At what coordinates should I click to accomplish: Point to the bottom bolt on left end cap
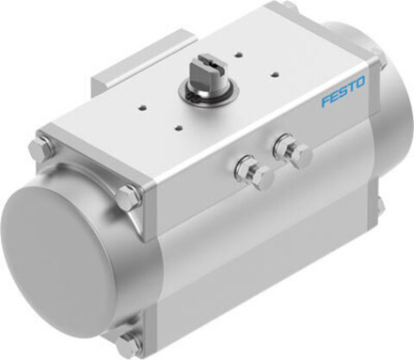pos(130,341)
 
